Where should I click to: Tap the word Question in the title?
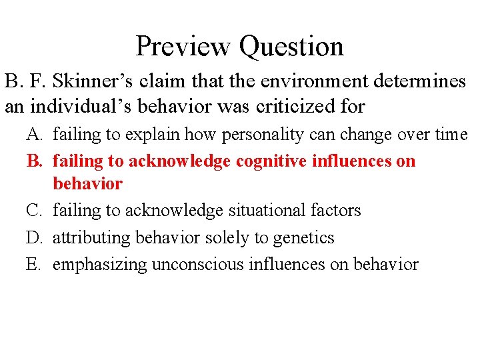(x=291, y=47)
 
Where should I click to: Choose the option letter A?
(x=34, y=135)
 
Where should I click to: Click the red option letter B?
(x=33, y=161)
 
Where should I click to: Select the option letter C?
(x=34, y=211)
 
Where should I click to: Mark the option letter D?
(x=34, y=238)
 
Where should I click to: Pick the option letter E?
(x=33, y=265)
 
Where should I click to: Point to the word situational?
(x=266, y=211)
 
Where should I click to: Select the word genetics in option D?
(x=306, y=238)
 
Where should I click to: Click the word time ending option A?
(x=450, y=135)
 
